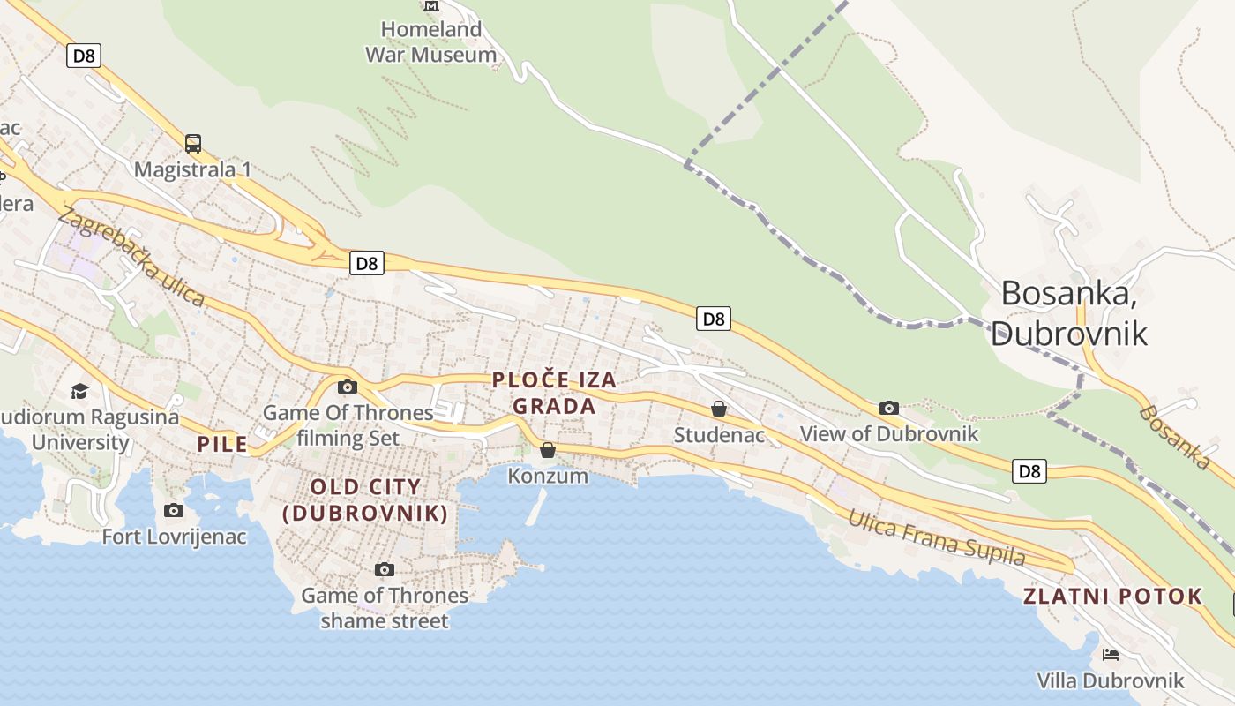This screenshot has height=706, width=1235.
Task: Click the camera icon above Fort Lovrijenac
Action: click(174, 510)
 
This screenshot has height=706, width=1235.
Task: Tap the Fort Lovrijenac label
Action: click(174, 536)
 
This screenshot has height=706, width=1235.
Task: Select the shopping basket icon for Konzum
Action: click(548, 450)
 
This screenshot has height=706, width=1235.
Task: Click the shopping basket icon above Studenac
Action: click(719, 409)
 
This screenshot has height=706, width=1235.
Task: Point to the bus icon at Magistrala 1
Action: click(193, 143)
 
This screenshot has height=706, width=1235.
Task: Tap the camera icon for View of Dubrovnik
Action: click(889, 408)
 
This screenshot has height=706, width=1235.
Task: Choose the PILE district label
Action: click(222, 444)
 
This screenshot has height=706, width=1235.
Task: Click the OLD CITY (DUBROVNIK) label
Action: click(365, 499)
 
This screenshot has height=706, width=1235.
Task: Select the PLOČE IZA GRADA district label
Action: click(554, 393)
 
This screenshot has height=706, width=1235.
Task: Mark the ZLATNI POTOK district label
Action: click(1112, 596)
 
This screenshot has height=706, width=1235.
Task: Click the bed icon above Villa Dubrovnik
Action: click(1111, 655)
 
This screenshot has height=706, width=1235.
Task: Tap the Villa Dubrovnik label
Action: click(1111, 680)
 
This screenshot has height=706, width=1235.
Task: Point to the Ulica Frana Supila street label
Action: click(937, 537)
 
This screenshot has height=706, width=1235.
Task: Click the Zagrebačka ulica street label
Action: click(132, 256)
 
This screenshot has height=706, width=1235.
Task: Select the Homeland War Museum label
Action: click(431, 41)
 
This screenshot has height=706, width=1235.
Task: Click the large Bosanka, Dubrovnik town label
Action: click(1069, 313)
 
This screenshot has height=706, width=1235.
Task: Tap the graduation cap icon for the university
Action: click(80, 390)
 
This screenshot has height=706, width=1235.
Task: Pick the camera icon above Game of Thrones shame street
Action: click(384, 569)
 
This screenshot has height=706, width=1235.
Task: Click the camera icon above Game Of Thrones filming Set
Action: click(348, 387)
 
